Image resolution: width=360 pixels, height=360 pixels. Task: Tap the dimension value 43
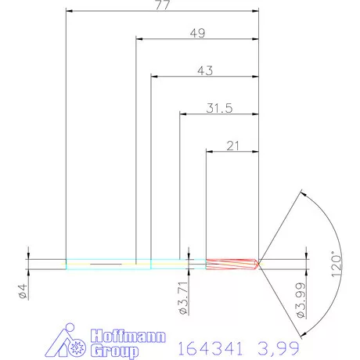205,70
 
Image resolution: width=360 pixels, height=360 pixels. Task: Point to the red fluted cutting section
232,264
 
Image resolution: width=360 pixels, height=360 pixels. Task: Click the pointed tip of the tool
261,263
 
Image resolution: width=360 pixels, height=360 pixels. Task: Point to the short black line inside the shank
106,265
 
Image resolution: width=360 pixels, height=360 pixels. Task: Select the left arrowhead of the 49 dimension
140,38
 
